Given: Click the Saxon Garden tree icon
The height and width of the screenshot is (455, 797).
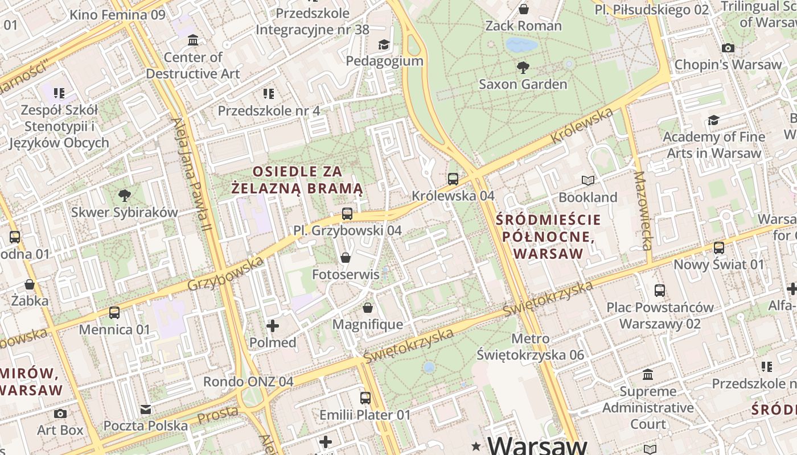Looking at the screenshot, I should [523, 68].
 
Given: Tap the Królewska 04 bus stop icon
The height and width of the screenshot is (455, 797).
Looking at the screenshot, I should [453, 179].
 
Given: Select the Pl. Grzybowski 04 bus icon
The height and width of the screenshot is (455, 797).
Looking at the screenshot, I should [347, 214].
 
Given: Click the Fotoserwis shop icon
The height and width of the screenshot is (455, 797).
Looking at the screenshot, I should [345, 258].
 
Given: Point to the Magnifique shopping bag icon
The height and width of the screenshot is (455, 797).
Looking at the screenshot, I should [368, 308].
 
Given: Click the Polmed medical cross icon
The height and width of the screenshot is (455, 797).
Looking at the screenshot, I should [273, 326].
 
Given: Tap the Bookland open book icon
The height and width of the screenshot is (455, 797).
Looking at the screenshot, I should [588, 181].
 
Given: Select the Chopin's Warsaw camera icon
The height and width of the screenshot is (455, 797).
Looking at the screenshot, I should [728, 48].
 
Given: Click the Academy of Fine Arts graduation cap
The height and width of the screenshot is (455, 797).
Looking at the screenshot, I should [713, 120].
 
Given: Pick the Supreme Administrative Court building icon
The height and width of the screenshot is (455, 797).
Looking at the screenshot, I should [648, 375].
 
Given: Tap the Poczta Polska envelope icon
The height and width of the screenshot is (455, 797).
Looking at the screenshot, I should [146, 409].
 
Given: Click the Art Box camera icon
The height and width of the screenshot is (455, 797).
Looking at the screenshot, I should [60, 413].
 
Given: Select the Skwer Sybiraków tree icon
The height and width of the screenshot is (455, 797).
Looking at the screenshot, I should [124, 196].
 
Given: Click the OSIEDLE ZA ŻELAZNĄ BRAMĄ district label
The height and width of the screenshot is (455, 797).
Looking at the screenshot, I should [297, 180].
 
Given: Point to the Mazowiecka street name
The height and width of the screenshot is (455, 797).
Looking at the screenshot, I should [643, 210].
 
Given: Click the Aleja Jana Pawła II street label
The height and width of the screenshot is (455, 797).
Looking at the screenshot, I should [194, 176].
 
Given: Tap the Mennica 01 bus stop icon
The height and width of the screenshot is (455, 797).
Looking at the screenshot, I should [114, 313].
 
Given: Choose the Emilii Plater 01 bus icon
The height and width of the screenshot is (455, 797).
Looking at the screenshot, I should [365, 398].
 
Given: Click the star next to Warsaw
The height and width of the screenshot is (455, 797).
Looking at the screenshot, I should [476, 445].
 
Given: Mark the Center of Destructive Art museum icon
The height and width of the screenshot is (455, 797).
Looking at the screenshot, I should [193, 40].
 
